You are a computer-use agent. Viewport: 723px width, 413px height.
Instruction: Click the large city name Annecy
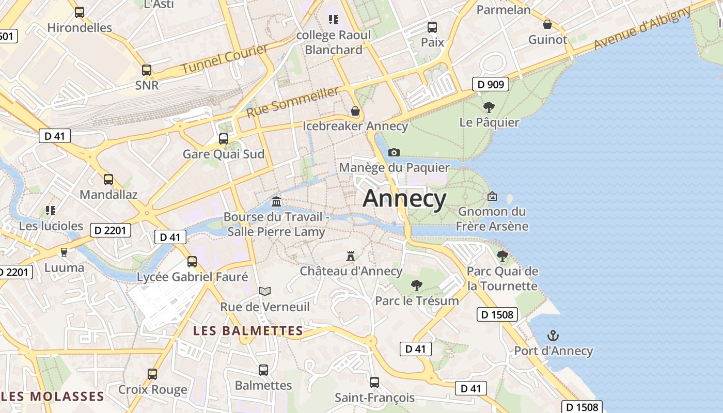click(404, 199)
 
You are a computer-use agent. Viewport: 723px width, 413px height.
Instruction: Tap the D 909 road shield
click(491, 84)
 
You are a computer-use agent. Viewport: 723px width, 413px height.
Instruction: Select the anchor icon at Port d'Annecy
click(553, 336)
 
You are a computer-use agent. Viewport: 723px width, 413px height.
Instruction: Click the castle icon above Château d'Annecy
click(351, 256)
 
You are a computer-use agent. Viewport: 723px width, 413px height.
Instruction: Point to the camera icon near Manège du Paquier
click(394, 152)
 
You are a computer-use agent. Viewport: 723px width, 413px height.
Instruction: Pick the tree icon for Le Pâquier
click(489, 107)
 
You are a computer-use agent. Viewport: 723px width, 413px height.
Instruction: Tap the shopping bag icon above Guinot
click(547, 24)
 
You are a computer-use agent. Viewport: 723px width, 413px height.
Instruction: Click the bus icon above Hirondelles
click(80, 12)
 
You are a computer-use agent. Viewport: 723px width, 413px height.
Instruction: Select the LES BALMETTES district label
click(248, 331)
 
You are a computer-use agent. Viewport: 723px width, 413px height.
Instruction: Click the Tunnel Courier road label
click(225, 59)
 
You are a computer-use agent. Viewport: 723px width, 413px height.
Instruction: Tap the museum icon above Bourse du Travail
click(276, 201)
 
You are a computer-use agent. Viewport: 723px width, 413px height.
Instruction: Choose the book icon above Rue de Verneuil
click(265, 292)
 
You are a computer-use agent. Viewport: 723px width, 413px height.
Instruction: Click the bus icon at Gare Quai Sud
click(224, 138)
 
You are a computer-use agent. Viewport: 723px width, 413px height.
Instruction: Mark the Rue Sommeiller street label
click(293, 102)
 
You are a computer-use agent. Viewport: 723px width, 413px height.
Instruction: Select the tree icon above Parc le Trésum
click(416, 285)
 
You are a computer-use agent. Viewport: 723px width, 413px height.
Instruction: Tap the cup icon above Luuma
click(64, 252)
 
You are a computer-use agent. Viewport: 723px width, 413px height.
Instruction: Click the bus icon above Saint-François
click(374, 383)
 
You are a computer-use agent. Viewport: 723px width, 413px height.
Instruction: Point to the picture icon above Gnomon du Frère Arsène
click(492, 196)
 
